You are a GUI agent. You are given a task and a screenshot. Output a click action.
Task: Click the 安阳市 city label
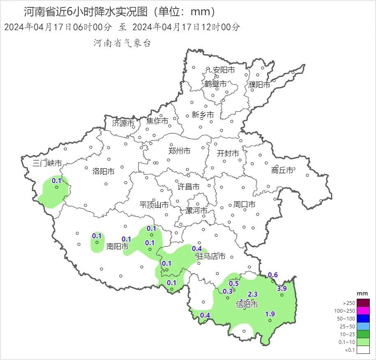pos(224,70)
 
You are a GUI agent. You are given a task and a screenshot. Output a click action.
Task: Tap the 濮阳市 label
pos(259,85)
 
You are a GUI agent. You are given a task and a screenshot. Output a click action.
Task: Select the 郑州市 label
pos(180,151)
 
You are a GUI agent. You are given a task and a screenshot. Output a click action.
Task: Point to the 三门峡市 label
pos(47,163)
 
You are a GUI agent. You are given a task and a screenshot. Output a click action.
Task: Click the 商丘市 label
pos(282,170)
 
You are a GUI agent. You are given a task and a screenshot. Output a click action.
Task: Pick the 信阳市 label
pos(247,305)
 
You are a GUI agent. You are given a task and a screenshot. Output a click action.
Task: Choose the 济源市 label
pos(123,123)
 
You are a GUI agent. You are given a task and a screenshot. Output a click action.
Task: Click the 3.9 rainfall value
pos(281,288)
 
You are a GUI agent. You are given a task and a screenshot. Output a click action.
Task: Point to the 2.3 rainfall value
pos(253,294)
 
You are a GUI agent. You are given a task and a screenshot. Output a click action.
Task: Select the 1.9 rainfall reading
pos(270,314)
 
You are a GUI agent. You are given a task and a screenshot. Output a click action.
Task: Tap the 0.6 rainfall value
pos(273,275)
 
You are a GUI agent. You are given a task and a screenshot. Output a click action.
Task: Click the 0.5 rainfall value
pos(234,283)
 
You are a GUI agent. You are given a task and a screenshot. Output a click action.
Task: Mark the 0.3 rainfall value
pos(228,291)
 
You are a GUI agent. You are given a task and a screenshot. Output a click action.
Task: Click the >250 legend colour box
pos(363,303)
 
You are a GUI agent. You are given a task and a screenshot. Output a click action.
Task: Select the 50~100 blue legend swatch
pos(363,318)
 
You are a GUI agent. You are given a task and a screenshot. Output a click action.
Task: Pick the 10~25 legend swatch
pos(363,334)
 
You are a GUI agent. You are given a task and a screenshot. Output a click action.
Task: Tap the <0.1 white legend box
pos(363,350)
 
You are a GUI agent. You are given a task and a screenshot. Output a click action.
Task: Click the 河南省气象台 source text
pos(122,43)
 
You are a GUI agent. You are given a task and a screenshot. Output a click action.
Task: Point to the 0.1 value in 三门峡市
pos(56,181)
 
